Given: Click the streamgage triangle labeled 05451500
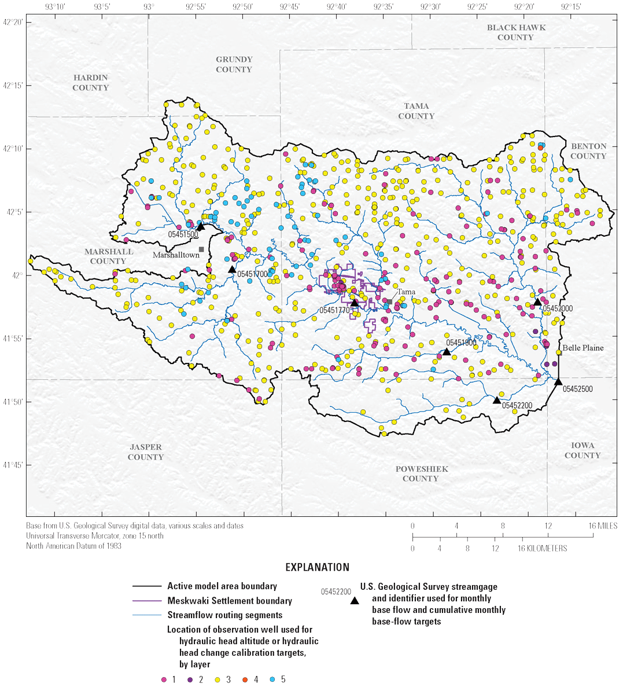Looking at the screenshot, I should [x=201, y=227].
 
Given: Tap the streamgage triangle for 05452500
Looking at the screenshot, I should [x=558, y=381].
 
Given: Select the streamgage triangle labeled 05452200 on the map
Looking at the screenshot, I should [x=496, y=400].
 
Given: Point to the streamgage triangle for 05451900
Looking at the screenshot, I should [x=447, y=351].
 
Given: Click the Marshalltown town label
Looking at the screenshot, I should [x=176, y=255].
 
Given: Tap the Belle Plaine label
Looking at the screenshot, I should [x=583, y=348].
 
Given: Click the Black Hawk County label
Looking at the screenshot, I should [x=516, y=32].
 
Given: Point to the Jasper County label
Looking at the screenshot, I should [x=146, y=452].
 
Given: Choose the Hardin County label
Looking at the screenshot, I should [x=91, y=83].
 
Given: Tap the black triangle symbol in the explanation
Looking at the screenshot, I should [x=353, y=601].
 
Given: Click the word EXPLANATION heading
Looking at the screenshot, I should [x=318, y=567].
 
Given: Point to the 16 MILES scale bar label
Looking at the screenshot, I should [x=603, y=526].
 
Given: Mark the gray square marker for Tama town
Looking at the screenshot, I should [x=390, y=302].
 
